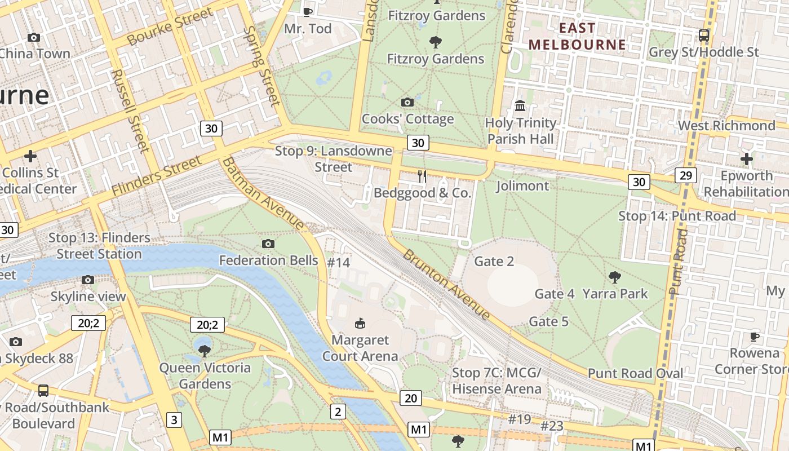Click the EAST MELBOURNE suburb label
pos(577,36)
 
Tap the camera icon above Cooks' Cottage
pos(407,102)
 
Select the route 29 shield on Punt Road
pos(685,175)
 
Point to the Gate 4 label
pos(554,294)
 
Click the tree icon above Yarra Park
pos(615,277)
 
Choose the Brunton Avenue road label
pos(446,284)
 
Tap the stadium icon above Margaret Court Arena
pos(360,323)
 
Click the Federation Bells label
pos(268,260)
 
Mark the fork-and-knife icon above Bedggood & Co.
pos(422,176)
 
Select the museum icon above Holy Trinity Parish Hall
pos(520,105)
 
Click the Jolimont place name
pos(522,185)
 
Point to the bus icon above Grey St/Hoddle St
pos(703,35)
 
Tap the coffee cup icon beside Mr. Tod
pos(307,11)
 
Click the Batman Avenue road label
pos(263,193)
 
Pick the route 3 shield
pos(174,419)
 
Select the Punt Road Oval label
pos(635,373)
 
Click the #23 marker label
pos(552,426)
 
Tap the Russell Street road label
pos(130,110)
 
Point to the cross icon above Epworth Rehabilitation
pos(746,159)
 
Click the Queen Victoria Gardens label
pos(205,375)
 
